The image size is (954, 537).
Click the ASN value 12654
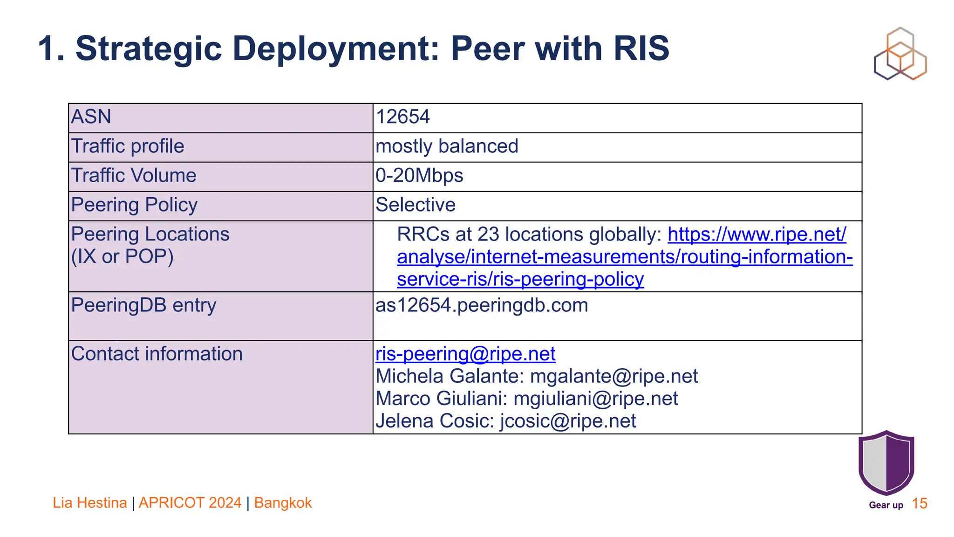click(x=402, y=117)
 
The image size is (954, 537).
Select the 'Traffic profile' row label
click(x=128, y=146)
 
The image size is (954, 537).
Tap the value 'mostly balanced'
click(x=447, y=146)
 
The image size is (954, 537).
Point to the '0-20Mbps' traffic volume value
click(x=419, y=176)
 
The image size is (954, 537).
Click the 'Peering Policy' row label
click(x=134, y=205)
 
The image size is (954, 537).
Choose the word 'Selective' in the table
click(x=416, y=205)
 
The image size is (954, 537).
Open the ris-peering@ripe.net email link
click(x=465, y=354)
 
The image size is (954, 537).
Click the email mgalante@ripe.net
click(x=614, y=376)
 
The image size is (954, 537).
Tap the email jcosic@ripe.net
click(x=568, y=421)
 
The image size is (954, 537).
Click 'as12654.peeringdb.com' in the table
click(x=482, y=305)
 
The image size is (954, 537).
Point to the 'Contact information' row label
click(x=157, y=354)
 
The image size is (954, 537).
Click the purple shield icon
click(x=886, y=462)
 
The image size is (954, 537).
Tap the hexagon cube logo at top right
click(x=900, y=54)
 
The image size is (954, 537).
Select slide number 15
click(x=920, y=503)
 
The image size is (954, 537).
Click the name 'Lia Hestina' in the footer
click(x=90, y=503)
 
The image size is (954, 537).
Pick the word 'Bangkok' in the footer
click(x=283, y=503)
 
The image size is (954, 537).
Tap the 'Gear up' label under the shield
click(x=886, y=505)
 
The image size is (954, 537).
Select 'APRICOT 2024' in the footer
click(x=190, y=503)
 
